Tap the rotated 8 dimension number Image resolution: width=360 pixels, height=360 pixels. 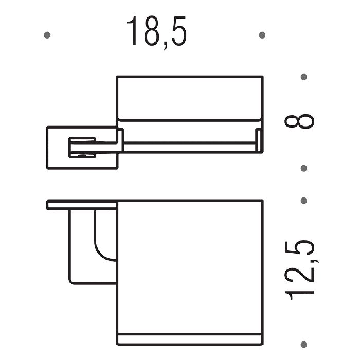(299, 121)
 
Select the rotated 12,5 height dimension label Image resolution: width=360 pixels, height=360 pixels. (300, 270)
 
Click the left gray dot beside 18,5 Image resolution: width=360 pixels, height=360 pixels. (47, 35)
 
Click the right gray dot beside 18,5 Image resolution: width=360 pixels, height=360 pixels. (262, 35)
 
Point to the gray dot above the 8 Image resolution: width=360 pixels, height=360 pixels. (304, 77)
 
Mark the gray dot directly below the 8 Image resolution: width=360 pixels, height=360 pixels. (304, 168)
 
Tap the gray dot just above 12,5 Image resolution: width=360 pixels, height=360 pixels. (304, 201)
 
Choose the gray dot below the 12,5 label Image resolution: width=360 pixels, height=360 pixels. (304, 345)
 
